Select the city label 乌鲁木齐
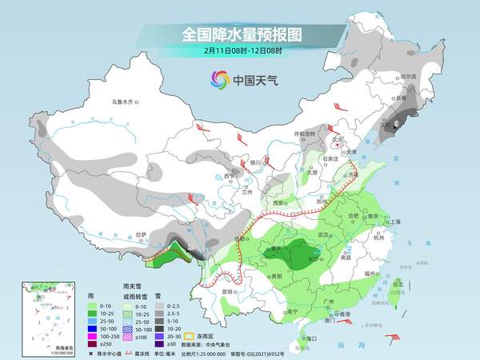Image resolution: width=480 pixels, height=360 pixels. tap(125, 102)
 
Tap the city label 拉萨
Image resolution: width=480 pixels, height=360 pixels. tap(142, 234)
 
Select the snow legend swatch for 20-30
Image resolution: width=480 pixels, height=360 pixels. tap(160, 334)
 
